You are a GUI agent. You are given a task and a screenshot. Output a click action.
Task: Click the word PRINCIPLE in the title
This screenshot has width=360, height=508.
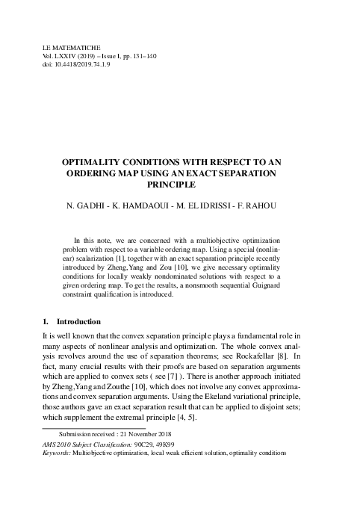pyautogui.click(x=179, y=183)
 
